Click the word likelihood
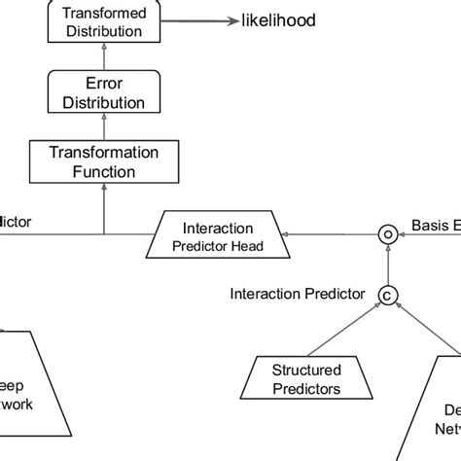(277, 21)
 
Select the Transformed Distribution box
(103, 21)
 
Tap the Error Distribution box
(103, 92)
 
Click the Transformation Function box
(103, 161)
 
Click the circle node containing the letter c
(387, 294)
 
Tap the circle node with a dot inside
(387, 233)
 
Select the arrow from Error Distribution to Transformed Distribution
(103, 57)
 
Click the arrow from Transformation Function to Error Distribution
(103, 127)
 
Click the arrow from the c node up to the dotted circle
(387, 264)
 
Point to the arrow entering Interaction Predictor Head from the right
(331, 234)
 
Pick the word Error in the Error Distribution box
(103, 84)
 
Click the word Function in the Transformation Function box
(103, 171)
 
